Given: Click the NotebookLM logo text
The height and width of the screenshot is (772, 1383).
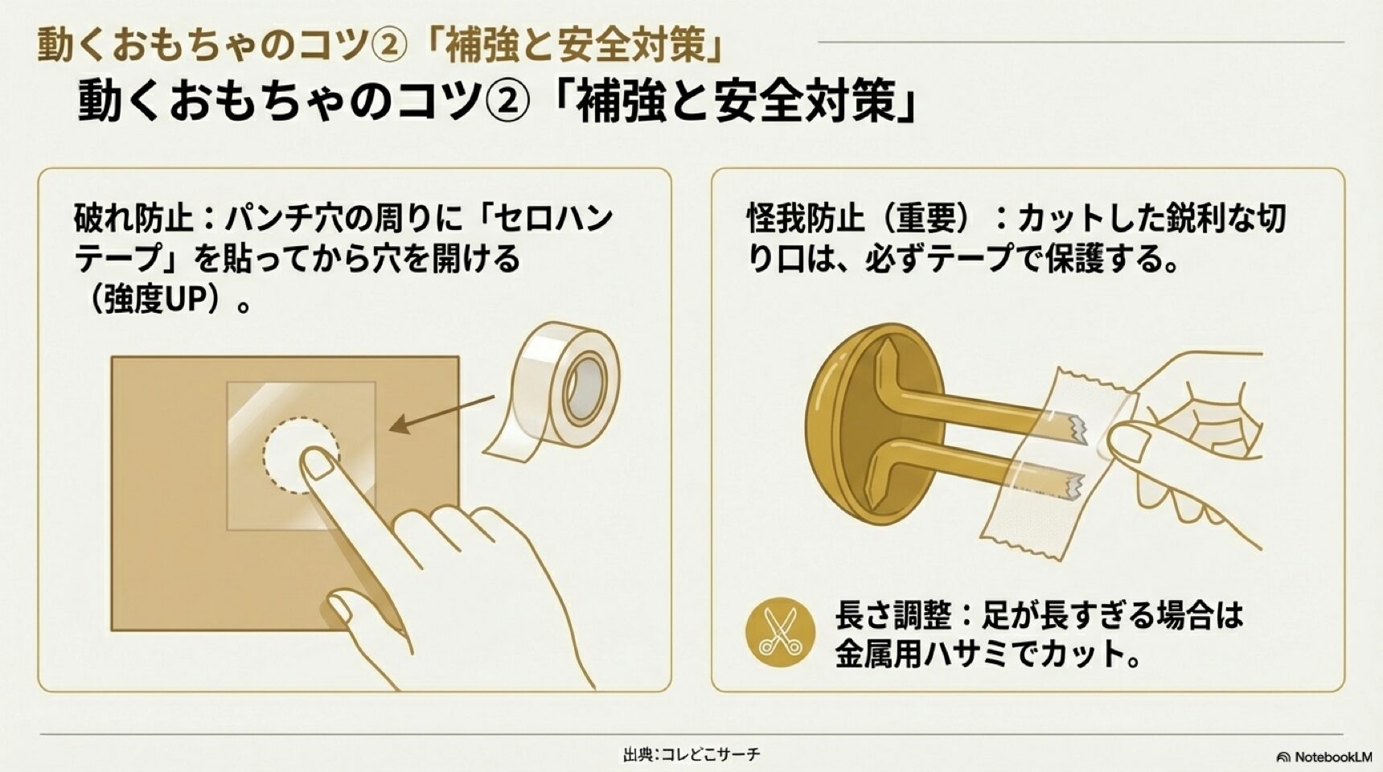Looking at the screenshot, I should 1331,757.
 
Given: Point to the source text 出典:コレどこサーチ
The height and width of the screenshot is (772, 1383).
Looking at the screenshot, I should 691,754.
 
